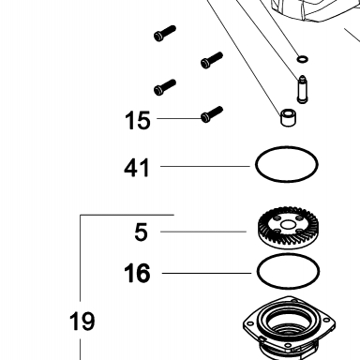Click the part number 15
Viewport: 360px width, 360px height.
tap(138, 120)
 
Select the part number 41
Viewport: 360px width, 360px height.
tap(137, 168)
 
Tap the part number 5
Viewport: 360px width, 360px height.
tap(141, 232)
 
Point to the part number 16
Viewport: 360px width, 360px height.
tap(137, 273)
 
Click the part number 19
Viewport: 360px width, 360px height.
tap(82, 322)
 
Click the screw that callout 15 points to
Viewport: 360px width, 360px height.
tap(212, 114)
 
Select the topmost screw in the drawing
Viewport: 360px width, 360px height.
tap(165, 34)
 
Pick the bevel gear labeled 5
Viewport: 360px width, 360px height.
tap(288, 228)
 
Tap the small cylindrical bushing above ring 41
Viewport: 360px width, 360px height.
tap(288, 118)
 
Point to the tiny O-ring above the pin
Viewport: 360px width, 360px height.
tap(303, 59)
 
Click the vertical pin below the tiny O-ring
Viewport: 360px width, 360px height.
tap(302, 89)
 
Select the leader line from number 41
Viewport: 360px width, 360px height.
tap(205, 166)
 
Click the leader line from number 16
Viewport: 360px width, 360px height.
tap(206, 274)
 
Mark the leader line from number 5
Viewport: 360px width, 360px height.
tap(203, 232)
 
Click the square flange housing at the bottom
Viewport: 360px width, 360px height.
tap(289, 328)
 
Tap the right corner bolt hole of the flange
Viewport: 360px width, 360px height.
tap(327, 321)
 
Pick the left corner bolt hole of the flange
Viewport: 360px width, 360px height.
tap(250, 323)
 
